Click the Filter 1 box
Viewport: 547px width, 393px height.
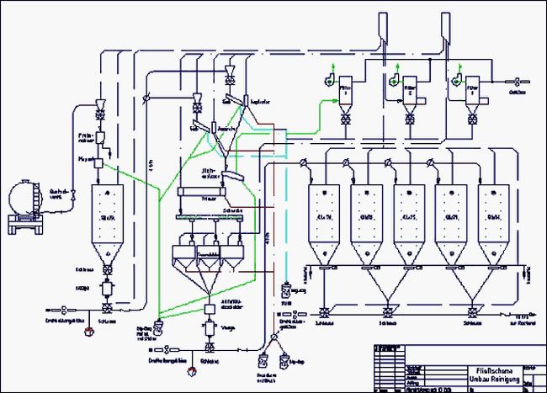[346, 91]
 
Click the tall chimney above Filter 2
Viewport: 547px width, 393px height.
[382, 29]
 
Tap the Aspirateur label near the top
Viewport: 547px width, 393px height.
[258, 102]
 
